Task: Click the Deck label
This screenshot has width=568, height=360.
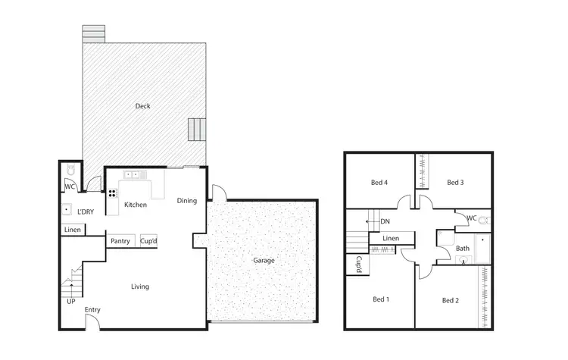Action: pyautogui.click(x=142, y=106)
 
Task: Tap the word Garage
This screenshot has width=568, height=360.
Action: pyautogui.click(x=264, y=260)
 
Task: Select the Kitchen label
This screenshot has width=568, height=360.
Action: pyautogui.click(x=136, y=205)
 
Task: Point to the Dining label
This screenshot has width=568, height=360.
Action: pyautogui.click(x=187, y=201)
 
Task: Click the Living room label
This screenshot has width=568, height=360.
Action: pyautogui.click(x=139, y=286)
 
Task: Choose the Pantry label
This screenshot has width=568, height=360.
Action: pyautogui.click(x=120, y=242)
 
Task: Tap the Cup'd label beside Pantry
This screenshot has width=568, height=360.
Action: pyautogui.click(x=148, y=242)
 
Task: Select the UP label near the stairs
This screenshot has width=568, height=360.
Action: pyautogui.click(x=70, y=301)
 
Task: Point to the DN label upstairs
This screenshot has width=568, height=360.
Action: pyautogui.click(x=385, y=221)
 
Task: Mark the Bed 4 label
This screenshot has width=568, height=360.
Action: pyautogui.click(x=379, y=182)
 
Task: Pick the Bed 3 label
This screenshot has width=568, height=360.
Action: pyautogui.click(x=454, y=182)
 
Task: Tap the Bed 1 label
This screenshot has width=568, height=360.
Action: pyautogui.click(x=380, y=299)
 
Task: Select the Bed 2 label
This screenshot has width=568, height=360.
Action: pyautogui.click(x=451, y=300)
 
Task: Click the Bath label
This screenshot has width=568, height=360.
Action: pyautogui.click(x=462, y=248)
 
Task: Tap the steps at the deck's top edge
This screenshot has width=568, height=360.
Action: pyautogui.click(x=94, y=34)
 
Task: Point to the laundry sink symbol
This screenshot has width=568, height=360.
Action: pyautogui.click(x=67, y=211)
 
